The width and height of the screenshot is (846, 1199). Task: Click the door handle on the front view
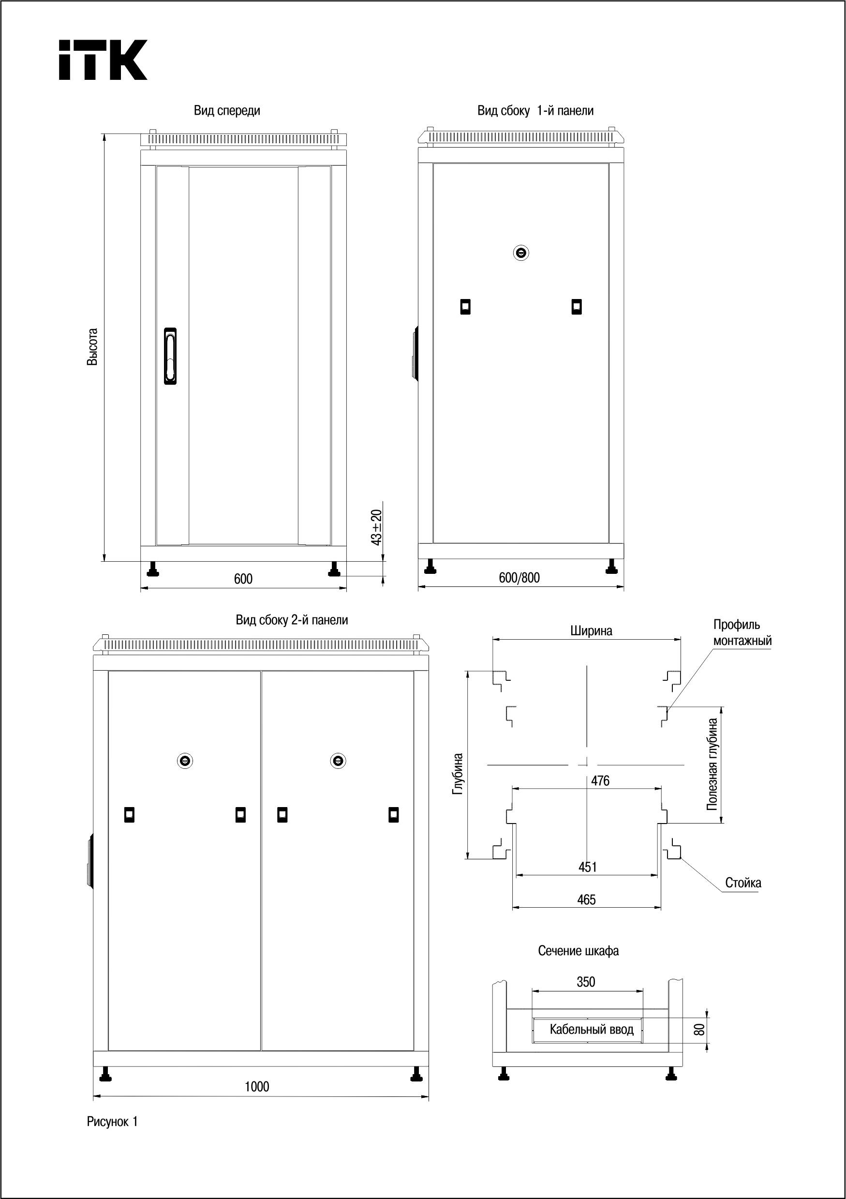pos(170,356)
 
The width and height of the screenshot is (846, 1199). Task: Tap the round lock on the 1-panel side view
pos(520,253)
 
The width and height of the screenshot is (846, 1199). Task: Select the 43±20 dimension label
pos(377,527)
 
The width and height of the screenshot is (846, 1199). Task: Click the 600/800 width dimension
pos(519,578)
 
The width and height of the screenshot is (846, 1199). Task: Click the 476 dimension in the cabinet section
pos(600,781)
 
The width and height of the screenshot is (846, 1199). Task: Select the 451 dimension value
pos(588,867)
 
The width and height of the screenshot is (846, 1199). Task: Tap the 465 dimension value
pos(587,900)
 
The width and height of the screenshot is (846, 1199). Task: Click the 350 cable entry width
pos(586,982)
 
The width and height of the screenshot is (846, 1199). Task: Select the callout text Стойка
pos(743,883)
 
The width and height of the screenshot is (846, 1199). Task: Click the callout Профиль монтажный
pos(742,632)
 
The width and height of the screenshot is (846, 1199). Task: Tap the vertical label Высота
pos(92,347)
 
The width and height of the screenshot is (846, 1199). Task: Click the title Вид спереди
pos(227,111)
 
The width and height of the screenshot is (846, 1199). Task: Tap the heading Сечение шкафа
pos(578,951)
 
